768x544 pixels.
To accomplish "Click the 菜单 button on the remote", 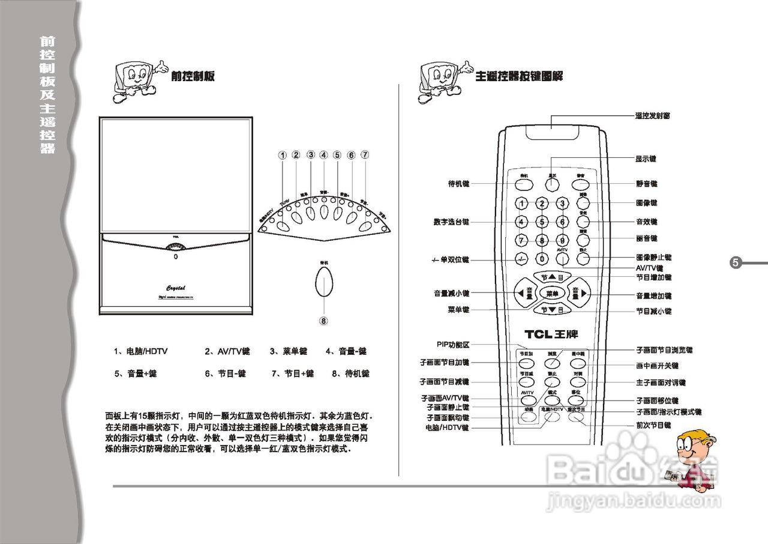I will click(552, 294).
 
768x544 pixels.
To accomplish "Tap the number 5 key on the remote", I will click(542, 222).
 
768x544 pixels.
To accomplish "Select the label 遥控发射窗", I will click(653, 115).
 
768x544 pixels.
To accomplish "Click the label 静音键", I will click(646, 184).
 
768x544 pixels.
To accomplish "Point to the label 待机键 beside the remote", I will click(459, 184).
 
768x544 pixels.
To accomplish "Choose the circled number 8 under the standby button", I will click(323, 321).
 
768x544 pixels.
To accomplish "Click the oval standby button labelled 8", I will click(324, 282).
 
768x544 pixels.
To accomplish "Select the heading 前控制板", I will click(193, 76).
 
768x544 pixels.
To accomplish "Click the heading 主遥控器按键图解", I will click(519, 76).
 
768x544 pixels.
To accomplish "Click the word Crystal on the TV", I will click(175, 287).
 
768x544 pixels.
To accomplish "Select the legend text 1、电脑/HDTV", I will click(141, 351).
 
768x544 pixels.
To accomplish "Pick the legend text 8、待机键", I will click(350, 373).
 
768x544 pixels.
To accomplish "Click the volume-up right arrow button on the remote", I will click(580, 293).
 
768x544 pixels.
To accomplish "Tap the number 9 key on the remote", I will click(562, 241).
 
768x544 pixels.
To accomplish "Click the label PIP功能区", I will click(453, 345).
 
